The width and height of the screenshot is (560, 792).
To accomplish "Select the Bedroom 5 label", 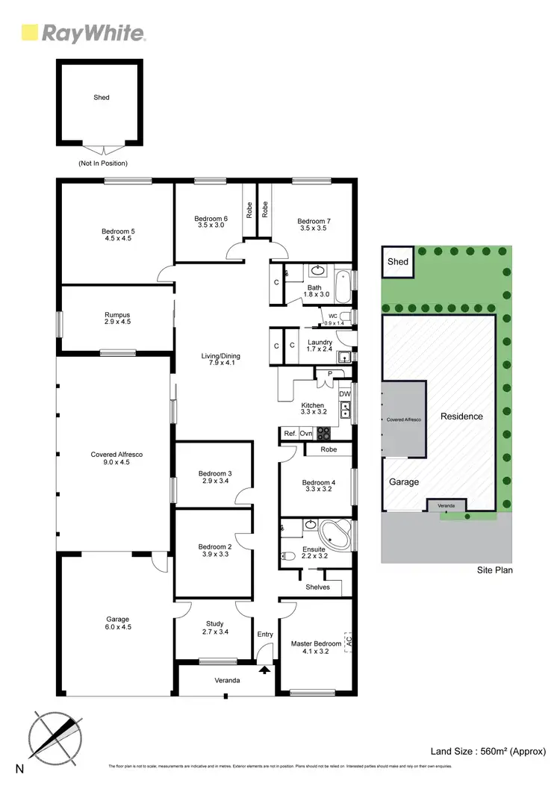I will [117, 235].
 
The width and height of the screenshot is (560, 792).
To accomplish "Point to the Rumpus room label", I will [117, 319].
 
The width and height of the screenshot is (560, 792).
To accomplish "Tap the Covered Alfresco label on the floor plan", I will [116, 458].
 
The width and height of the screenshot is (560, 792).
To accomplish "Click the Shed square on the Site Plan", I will [398, 262].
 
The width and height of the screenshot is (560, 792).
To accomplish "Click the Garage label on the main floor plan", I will [117, 623].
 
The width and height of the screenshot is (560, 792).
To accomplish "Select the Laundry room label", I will [320, 346].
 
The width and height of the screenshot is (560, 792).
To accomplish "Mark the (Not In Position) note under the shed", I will [102, 163].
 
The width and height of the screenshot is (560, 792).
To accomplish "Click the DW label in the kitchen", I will [344, 393].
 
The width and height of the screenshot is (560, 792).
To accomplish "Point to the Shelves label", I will [317, 587].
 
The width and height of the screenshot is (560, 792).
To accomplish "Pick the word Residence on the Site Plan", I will [461, 417].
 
